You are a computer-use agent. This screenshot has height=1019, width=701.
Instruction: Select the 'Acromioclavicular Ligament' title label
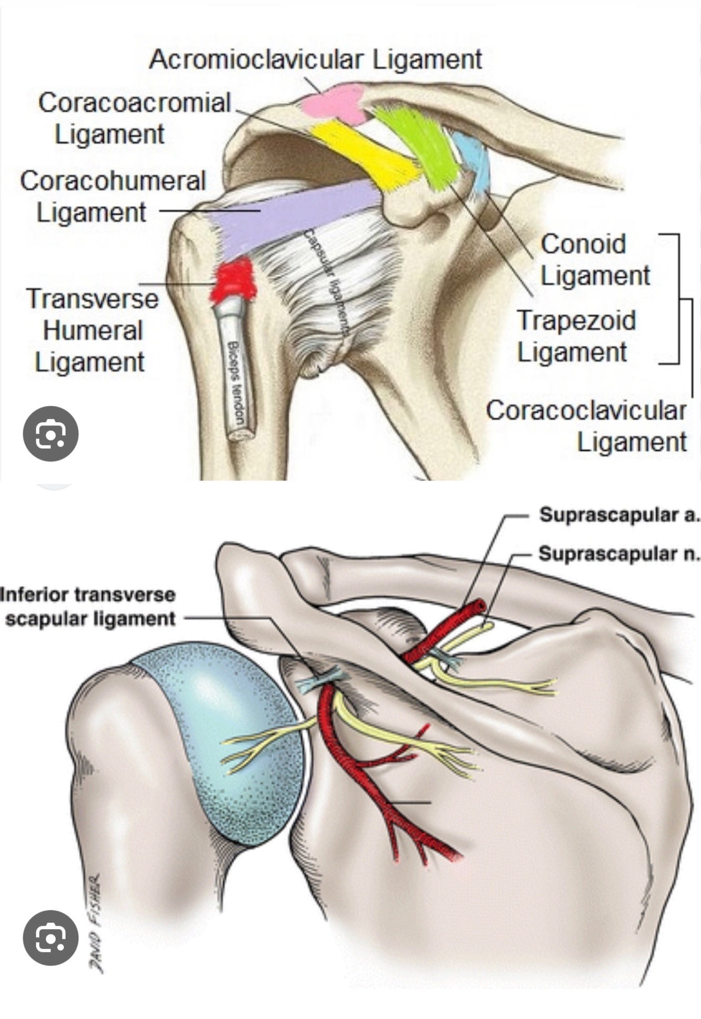tap(315, 59)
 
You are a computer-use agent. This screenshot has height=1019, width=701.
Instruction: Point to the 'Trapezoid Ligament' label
tap(575, 336)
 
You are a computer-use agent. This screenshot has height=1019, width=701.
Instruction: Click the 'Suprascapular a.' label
tap(619, 515)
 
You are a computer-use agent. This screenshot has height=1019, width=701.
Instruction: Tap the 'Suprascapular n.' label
tap(619, 553)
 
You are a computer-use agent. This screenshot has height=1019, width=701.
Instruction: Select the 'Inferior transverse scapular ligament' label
tap(88, 607)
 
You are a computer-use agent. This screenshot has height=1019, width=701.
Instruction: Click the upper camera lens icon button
tap(51, 434)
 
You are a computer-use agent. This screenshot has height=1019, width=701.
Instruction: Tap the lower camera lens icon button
tap(51, 938)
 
